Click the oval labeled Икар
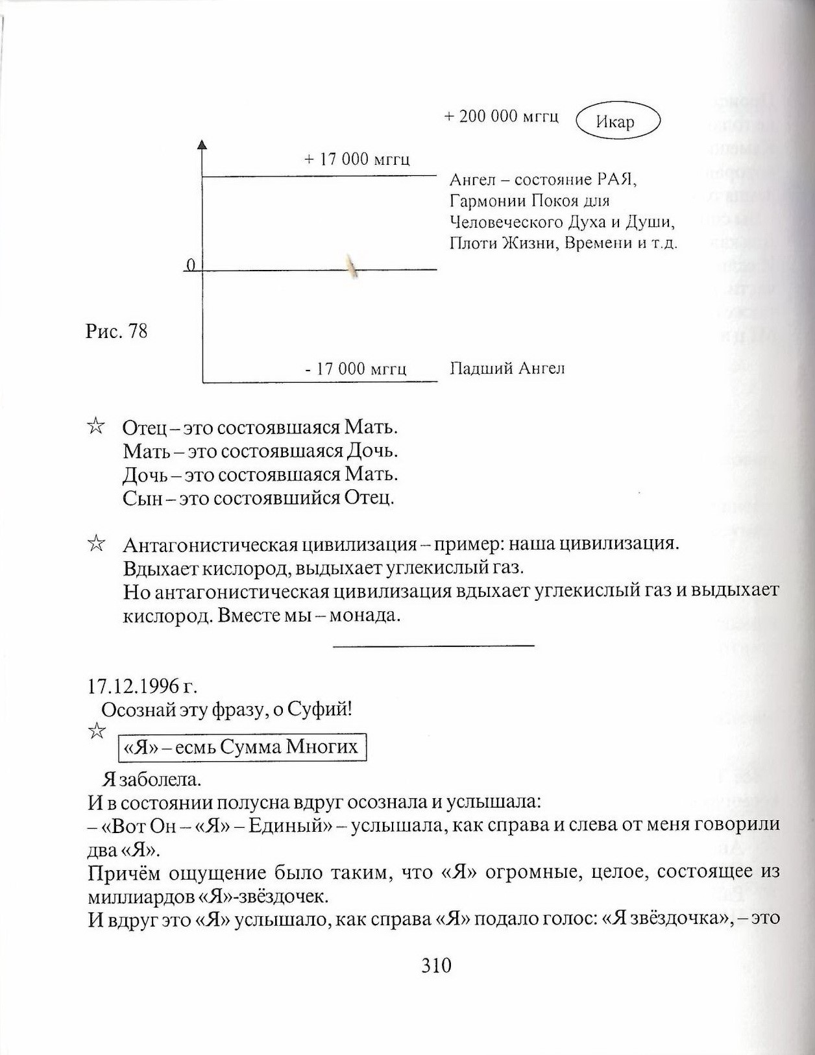click(617, 121)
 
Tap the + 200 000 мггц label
click(501, 117)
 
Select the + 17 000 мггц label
click(357, 160)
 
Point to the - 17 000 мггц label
click(356, 369)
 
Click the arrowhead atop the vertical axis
click(202, 145)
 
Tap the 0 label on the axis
click(190, 265)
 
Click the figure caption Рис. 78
click(117, 332)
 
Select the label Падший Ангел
click(507, 369)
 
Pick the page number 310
click(436, 965)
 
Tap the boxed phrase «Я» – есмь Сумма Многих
click(241, 747)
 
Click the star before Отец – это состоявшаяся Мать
click(95, 426)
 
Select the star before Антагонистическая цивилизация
click(95, 543)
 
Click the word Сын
click(141, 498)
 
